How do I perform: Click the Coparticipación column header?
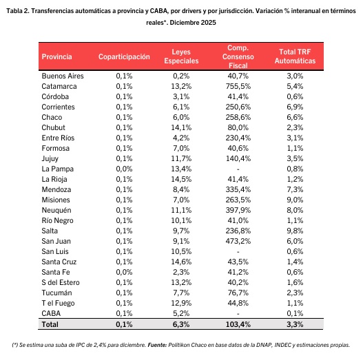124,56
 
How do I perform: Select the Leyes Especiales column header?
181,56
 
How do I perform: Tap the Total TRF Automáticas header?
295,56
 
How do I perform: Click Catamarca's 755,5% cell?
238,86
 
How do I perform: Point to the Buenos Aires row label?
63,76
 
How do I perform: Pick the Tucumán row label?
56,293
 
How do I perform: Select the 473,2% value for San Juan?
238,241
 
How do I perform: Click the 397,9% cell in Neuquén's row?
238,210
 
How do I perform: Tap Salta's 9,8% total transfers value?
295,231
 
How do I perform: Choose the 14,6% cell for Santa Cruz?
181,262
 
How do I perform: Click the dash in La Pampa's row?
238,169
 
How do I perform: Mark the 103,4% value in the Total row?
238,324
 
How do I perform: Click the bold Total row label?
50,324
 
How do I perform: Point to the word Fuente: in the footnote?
157,345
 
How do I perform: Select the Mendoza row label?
56,189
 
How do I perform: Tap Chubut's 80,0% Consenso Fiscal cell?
238,127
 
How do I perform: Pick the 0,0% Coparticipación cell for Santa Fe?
124,272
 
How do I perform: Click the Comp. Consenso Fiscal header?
238,56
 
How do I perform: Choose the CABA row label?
51,313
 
